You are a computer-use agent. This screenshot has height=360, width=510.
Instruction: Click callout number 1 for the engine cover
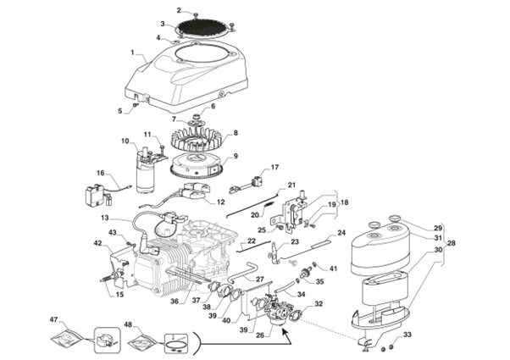133,53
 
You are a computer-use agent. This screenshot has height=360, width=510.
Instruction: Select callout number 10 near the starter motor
125,141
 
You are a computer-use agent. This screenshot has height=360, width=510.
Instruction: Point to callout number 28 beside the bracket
451,244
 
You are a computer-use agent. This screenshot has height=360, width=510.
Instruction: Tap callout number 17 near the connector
274,167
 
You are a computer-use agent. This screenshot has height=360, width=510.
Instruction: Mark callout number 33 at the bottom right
407,336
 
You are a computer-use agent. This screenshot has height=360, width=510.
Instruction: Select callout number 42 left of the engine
97,244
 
